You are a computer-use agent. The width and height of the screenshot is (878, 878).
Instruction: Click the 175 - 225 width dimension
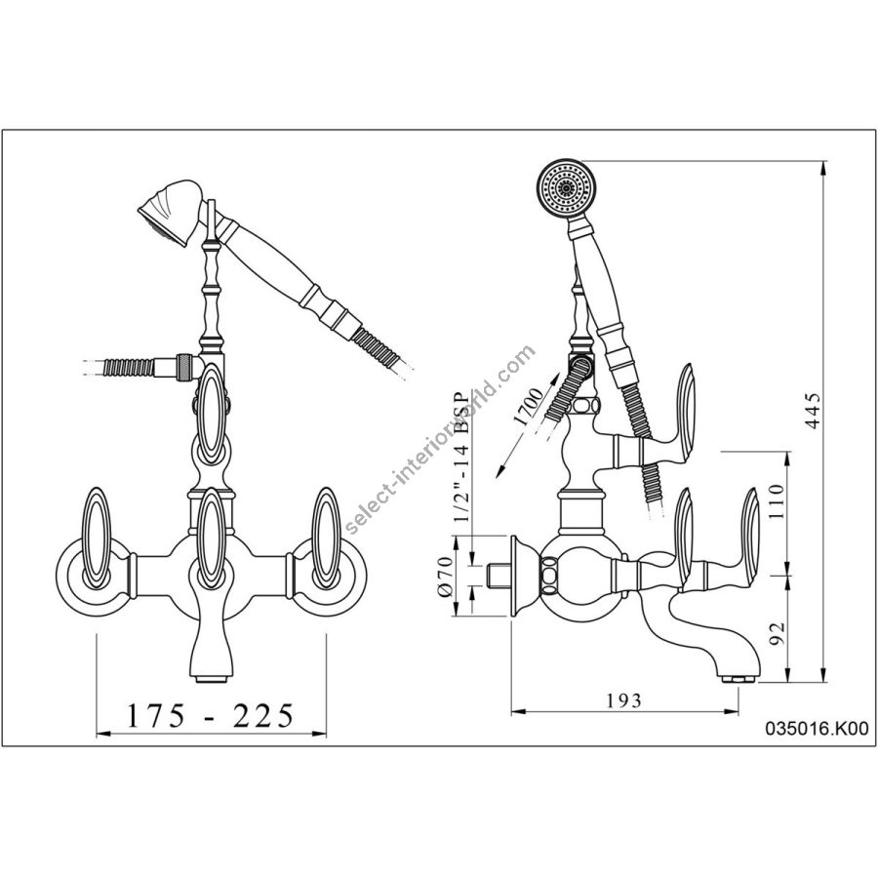pos(210,717)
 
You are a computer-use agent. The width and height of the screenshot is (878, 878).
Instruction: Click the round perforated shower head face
pos(565,185)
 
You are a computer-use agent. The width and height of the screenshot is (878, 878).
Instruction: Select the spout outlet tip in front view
pos(212,677)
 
